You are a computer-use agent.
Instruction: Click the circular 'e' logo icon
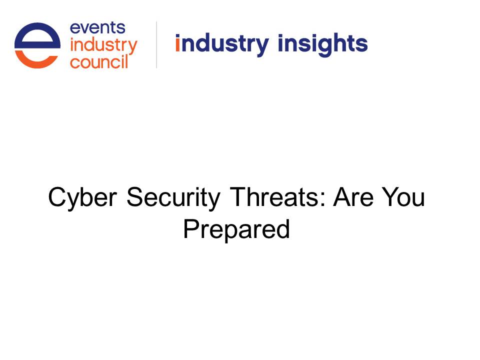click(37, 45)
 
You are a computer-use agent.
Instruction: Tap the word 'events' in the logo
click(97, 28)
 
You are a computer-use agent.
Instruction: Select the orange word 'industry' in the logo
click(104, 46)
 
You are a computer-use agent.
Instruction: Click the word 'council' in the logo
click(99, 62)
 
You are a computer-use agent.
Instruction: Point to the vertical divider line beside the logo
click(156, 44)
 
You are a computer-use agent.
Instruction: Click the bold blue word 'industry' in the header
click(222, 44)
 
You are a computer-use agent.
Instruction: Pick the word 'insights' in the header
click(322, 44)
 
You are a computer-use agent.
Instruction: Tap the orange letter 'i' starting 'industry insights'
click(177, 43)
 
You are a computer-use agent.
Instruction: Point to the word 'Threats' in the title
click(274, 197)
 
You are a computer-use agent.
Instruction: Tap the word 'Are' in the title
click(353, 197)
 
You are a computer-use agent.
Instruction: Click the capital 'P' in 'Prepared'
click(191, 228)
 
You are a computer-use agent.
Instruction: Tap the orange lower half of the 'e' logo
click(36, 59)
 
